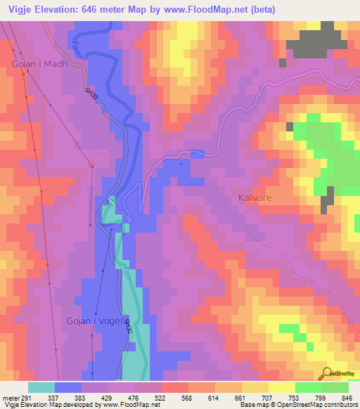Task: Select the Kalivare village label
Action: [x=255, y=199]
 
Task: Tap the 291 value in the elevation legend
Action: [x=25, y=398]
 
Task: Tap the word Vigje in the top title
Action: [x=18, y=10]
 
